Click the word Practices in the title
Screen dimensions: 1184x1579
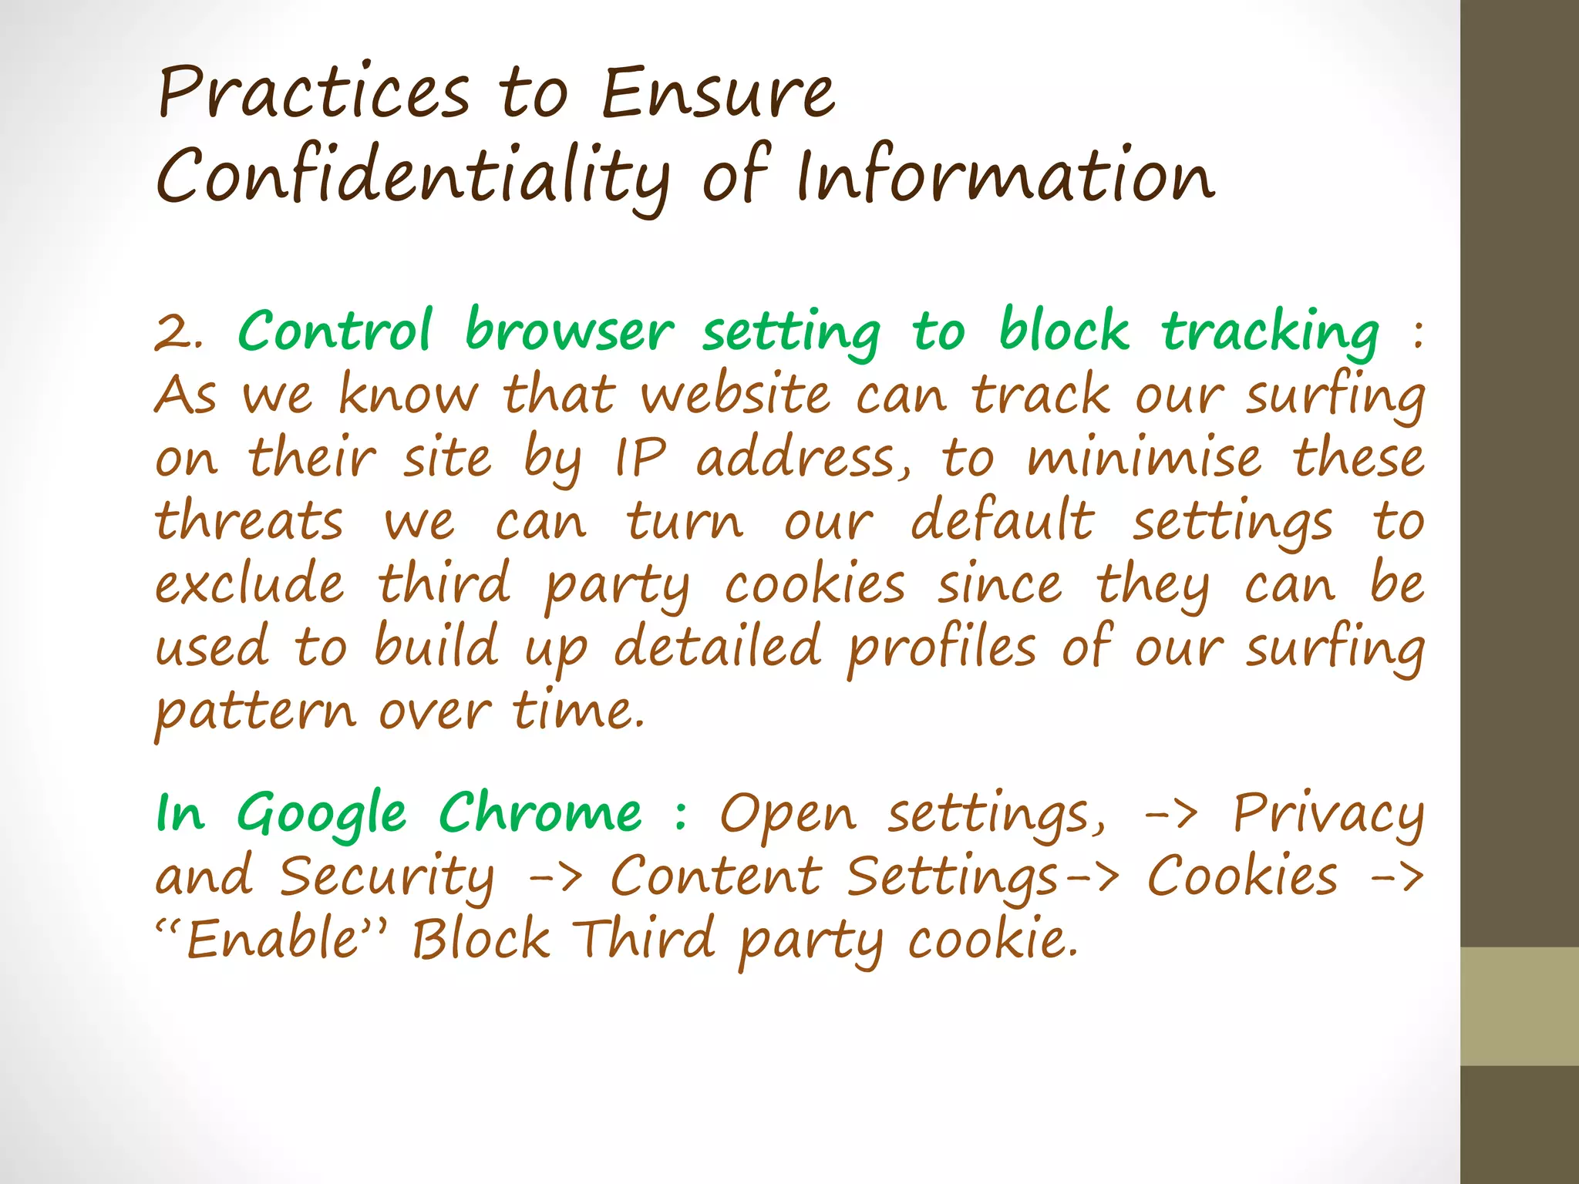313,94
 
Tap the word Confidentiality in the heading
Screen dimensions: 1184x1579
412,177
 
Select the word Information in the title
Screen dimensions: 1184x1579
1005,177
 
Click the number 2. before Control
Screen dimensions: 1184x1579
179,333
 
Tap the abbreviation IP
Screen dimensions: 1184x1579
640,459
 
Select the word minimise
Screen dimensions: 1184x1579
1144,458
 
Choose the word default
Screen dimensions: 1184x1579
1002,520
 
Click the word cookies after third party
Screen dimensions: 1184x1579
814,584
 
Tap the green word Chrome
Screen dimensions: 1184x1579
540,813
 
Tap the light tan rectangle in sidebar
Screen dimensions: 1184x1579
1519,1006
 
